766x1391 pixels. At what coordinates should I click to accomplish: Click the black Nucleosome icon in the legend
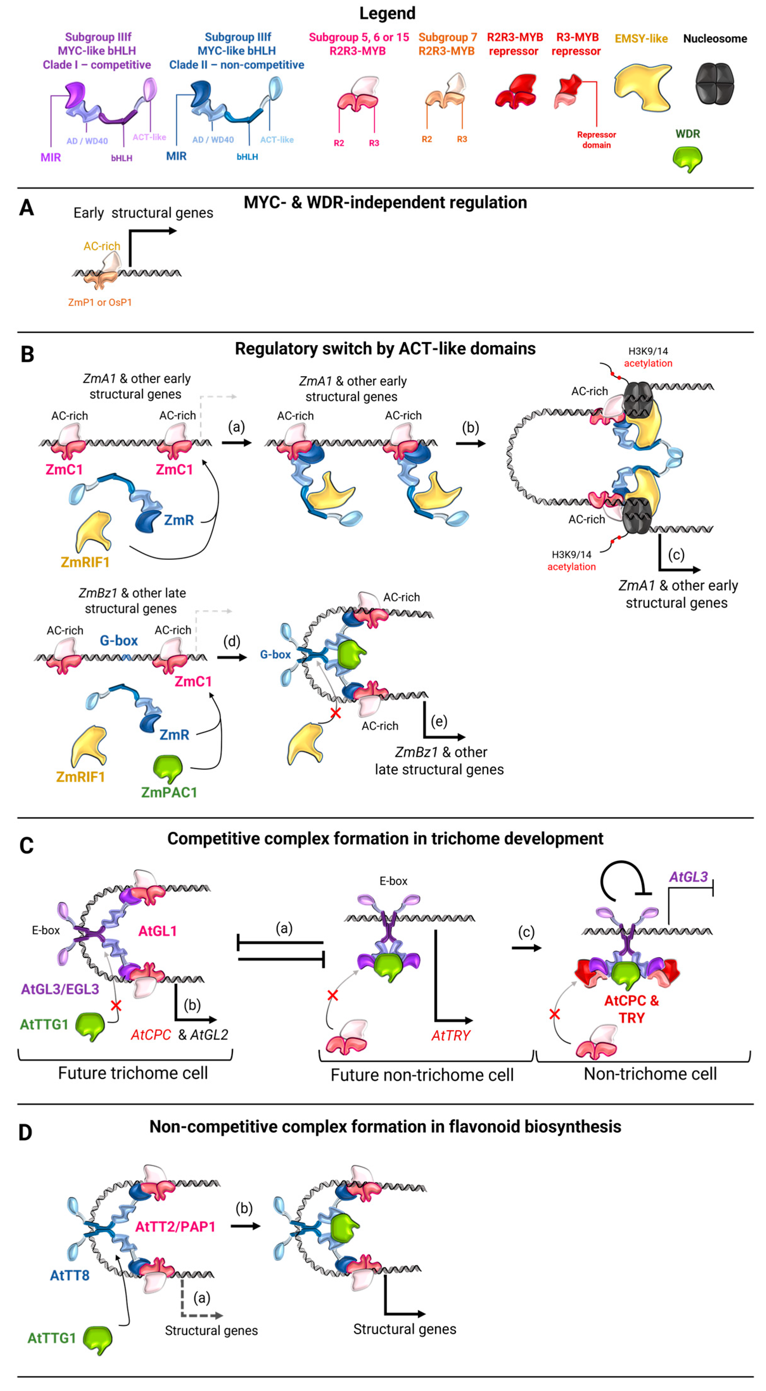click(714, 84)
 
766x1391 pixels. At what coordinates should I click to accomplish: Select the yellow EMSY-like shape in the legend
click(643, 86)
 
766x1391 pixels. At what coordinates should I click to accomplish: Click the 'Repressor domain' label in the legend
click(596, 140)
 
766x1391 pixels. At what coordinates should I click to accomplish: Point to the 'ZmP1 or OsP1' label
click(100, 302)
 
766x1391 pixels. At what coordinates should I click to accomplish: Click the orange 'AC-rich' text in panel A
click(102, 246)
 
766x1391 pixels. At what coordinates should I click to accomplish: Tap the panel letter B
click(27, 355)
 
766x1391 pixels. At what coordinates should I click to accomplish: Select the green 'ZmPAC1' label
click(169, 792)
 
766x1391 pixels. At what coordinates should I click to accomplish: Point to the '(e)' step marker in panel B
click(439, 721)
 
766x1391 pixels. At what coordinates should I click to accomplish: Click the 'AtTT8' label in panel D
click(70, 1275)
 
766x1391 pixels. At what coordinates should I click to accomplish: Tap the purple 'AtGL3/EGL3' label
click(60, 989)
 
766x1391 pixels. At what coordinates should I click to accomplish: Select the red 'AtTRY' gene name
click(451, 1035)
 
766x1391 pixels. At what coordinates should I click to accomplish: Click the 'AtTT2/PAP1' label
click(175, 1227)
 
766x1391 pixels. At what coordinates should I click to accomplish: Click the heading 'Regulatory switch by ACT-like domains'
click(385, 349)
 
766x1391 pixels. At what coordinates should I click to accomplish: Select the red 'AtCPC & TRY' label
click(631, 1009)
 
